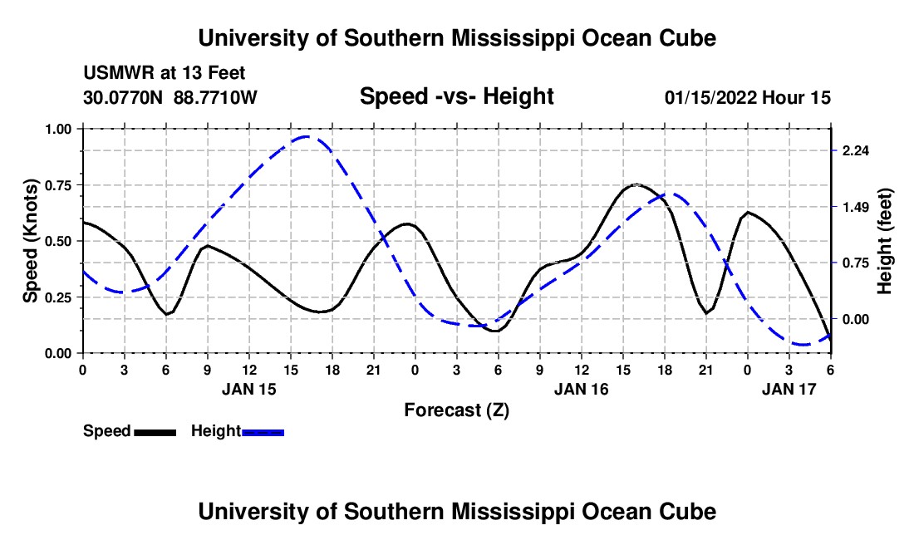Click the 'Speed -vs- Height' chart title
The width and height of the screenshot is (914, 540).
click(456, 96)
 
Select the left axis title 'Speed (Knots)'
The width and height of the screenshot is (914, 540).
click(31, 241)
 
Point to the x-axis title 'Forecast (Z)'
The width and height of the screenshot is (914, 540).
click(456, 410)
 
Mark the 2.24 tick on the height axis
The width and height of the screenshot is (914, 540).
click(856, 150)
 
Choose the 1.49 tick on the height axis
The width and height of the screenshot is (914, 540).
click(856, 207)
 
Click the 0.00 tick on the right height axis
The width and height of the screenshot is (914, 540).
click(856, 319)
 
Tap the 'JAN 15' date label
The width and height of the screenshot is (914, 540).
click(248, 388)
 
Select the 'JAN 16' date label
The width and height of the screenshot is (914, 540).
click(581, 388)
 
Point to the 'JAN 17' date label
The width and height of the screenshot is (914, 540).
click(789, 388)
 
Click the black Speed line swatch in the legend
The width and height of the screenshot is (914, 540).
click(155, 431)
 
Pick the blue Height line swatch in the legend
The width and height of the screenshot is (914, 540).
click(263, 431)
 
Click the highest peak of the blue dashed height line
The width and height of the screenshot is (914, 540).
click(307, 136)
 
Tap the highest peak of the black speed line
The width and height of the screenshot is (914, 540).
click(636, 184)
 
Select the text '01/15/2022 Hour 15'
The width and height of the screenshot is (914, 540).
click(748, 97)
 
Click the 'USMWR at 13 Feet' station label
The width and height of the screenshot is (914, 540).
click(164, 74)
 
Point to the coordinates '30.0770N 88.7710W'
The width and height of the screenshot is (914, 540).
click(170, 97)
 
